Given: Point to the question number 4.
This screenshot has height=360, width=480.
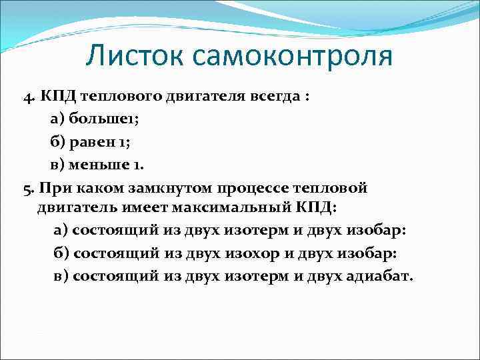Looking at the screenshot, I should tap(27, 95).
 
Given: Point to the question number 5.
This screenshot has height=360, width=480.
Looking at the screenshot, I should tap(27, 188).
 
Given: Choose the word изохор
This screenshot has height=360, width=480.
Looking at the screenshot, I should tap(231, 253).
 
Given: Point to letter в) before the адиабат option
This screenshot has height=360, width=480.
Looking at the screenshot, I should tap(61, 275).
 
